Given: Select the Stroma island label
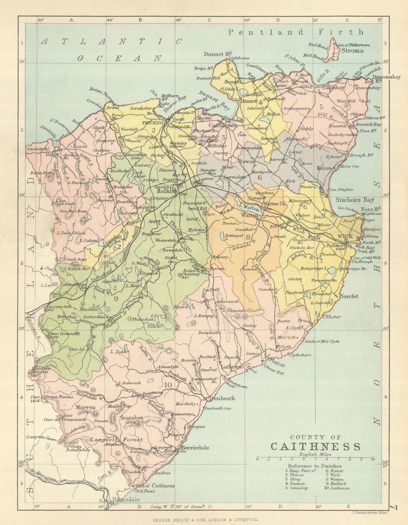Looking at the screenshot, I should point(352,51).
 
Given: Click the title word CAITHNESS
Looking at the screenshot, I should point(315,447).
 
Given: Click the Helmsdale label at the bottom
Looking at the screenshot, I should point(126,500).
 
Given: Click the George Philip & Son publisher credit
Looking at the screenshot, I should point(204,519).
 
